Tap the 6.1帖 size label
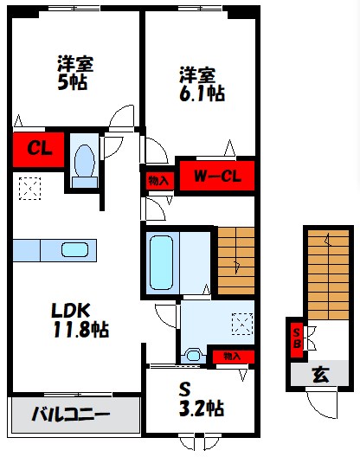[202, 93]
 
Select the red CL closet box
[39, 148]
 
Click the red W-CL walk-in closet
[216, 178]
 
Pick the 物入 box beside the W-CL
[158, 180]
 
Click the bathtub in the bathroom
[164, 261]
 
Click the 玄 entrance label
[319, 374]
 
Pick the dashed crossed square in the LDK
[31, 187]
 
